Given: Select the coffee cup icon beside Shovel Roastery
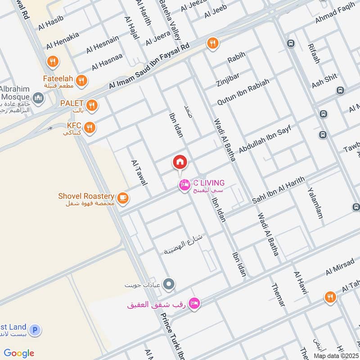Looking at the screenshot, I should pyautogui.click(x=122, y=198).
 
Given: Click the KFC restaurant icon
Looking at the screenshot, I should pyautogui.click(x=90, y=127).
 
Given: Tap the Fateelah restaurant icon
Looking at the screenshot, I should pyautogui.click(x=81, y=81).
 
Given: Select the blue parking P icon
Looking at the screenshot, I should pyautogui.click(x=36, y=330).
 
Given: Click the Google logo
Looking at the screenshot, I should pyautogui.click(x=19, y=353).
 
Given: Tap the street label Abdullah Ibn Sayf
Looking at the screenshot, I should pyautogui.click(x=265, y=140).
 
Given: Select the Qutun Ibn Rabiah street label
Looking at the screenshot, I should pyautogui.click(x=243, y=92).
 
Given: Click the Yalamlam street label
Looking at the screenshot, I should pyautogui.click(x=315, y=202).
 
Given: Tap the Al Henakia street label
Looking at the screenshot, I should pyautogui.click(x=63, y=40).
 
